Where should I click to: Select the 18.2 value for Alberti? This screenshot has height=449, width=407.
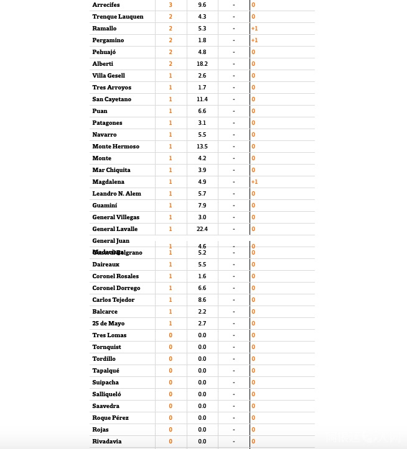click(x=202, y=64)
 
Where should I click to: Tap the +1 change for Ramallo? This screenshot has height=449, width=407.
click(x=255, y=29)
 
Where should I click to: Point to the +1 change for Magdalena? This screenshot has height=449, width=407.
click(x=255, y=182)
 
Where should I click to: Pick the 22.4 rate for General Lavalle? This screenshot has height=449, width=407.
click(x=202, y=229)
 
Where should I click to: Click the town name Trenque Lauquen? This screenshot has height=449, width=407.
click(x=118, y=17)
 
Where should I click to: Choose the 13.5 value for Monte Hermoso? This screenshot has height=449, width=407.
click(x=202, y=147)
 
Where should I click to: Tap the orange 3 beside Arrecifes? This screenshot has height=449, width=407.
click(x=171, y=5)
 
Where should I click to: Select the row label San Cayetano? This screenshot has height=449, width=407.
click(x=111, y=99)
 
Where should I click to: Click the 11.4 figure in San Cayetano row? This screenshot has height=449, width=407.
click(x=202, y=99)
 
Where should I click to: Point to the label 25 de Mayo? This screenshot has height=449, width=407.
click(x=109, y=324)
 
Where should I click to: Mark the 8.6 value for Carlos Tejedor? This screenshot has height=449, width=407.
click(x=202, y=300)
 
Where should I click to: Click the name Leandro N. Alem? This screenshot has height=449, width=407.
click(x=116, y=194)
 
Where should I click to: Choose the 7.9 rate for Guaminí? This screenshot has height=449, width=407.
click(x=202, y=206)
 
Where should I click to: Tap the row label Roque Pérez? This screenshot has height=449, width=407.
click(x=110, y=418)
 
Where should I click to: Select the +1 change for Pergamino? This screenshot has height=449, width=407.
click(x=255, y=40)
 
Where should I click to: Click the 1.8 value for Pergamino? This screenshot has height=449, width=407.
click(x=202, y=40)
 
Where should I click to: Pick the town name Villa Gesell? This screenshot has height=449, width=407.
click(x=108, y=76)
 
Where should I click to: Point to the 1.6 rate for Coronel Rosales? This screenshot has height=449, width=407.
click(x=202, y=276)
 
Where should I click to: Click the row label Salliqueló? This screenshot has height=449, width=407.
click(x=106, y=394)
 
